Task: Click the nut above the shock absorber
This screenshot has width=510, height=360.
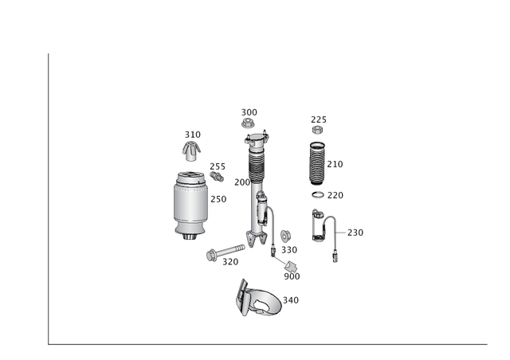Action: pos(248,124)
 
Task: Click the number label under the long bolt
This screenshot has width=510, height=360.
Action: pos(231,261)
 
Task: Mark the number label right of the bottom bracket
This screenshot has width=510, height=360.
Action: pos(292,300)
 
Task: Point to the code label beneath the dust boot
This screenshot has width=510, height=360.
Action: pos(327,194)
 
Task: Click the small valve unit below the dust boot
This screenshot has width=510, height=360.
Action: pos(321,225)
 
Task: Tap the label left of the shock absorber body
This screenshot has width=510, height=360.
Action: pos(241,182)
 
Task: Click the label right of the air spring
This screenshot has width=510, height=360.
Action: pos(218,198)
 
